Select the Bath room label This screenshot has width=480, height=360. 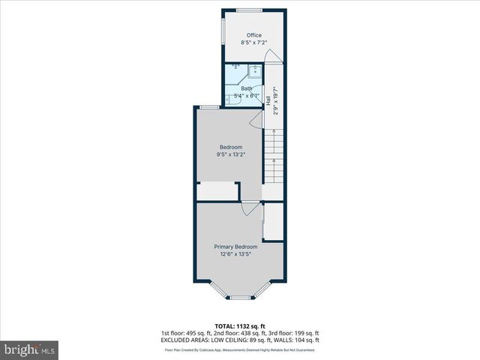click(x=247, y=88)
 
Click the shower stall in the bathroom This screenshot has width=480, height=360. click(x=254, y=72)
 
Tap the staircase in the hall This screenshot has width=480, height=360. click(x=274, y=157)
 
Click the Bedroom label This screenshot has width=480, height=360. click(x=230, y=146)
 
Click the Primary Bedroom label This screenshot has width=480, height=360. click(x=235, y=247)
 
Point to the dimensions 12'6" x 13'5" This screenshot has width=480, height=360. click(x=235, y=255)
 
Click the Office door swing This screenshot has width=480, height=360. click(x=277, y=55)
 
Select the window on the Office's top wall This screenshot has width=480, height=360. click(x=249, y=10)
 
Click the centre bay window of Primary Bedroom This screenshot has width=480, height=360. click(x=240, y=298)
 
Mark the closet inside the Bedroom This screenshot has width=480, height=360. click(x=217, y=191)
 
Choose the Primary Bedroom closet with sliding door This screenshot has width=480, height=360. click(x=274, y=222)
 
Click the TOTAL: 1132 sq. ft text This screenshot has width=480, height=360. click(x=239, y=326)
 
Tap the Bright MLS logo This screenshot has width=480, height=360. click(x=30, y=349)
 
